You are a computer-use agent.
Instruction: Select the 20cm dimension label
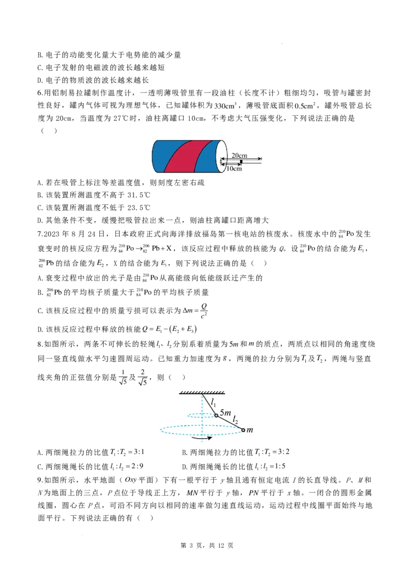tap(239, 155)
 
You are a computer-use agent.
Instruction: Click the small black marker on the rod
tap(241, 162)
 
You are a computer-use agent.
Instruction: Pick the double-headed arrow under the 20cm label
tap(241, 159)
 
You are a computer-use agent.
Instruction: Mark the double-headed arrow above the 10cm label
tap(231, 165)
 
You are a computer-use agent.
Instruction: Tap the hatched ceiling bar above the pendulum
tap(202, 392)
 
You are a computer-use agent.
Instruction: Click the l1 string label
tap(213, 402)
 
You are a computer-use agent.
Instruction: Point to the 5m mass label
tap(225, 413)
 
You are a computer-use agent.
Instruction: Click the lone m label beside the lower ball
tap(250, 430)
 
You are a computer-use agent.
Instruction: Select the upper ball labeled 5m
tap(216, 415)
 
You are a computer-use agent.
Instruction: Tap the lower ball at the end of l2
tap(243, 430)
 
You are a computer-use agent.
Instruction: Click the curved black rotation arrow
tap(201, 438)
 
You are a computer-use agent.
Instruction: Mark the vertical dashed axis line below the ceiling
tap(202, 408)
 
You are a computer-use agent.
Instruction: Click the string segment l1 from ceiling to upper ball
tap(209, 405)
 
